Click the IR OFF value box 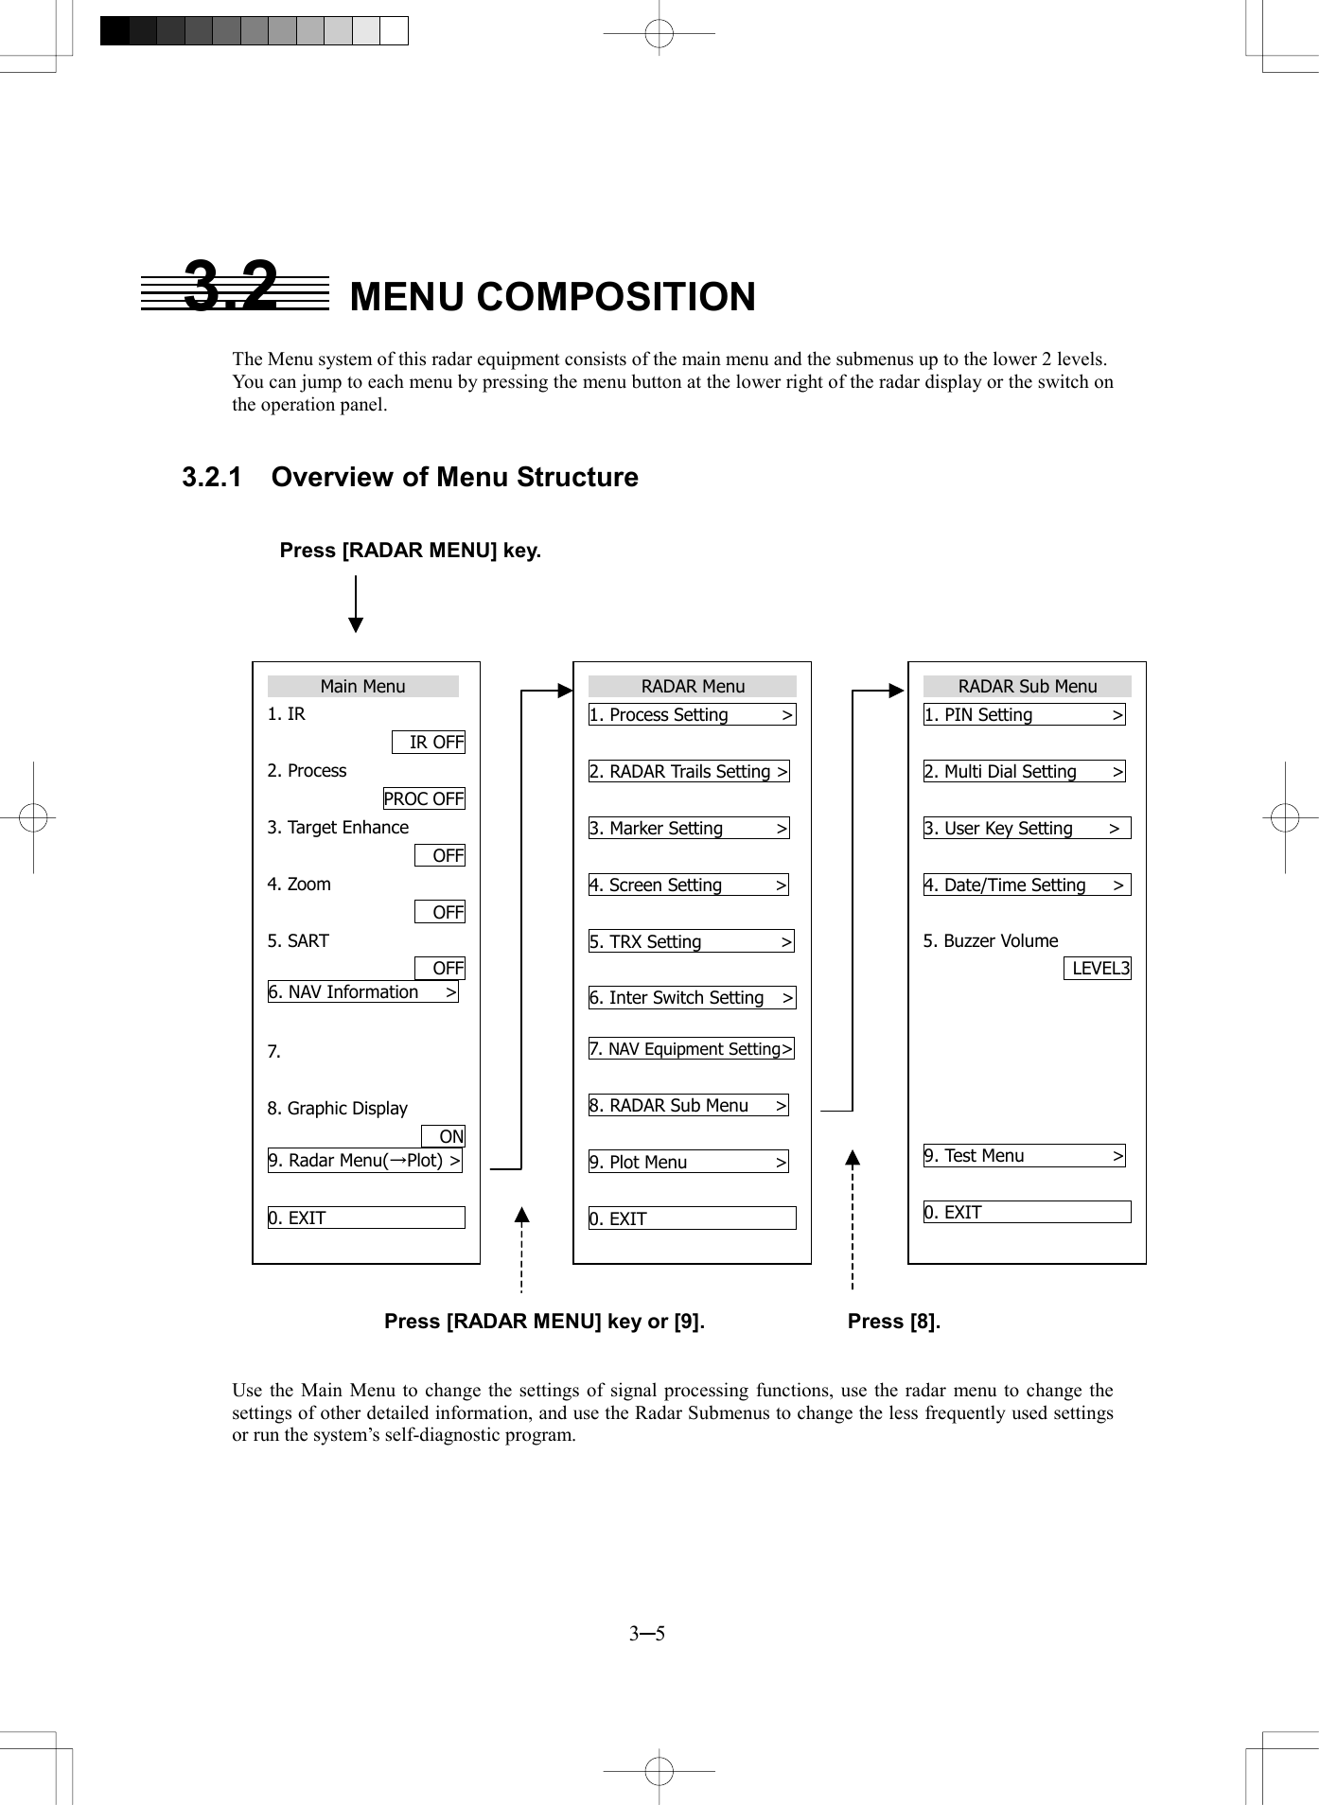coord(429,743)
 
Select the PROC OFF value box coord(424,799)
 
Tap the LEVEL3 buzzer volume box coord(1098,969)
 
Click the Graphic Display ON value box coord(444,1137)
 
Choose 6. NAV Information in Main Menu coord(363,992)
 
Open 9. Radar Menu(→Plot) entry coord(365,1161)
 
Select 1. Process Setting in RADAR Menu coord(692,715)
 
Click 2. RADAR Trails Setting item coord(689,772)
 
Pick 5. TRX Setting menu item coord(691,942)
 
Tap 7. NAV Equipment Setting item coord(691,1049)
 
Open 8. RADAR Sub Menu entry coord(688,1106)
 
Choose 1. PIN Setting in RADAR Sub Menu coord(1024,715)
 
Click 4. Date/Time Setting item coord(1027,885)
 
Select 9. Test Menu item coord(1024,1156)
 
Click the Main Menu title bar coord(363,687)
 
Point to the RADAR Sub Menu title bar coord(1027,687)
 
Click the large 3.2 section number coord(232,286)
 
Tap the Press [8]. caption coord(894,1322)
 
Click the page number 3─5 coord(647,1634)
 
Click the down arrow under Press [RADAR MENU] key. coord(356,605)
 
